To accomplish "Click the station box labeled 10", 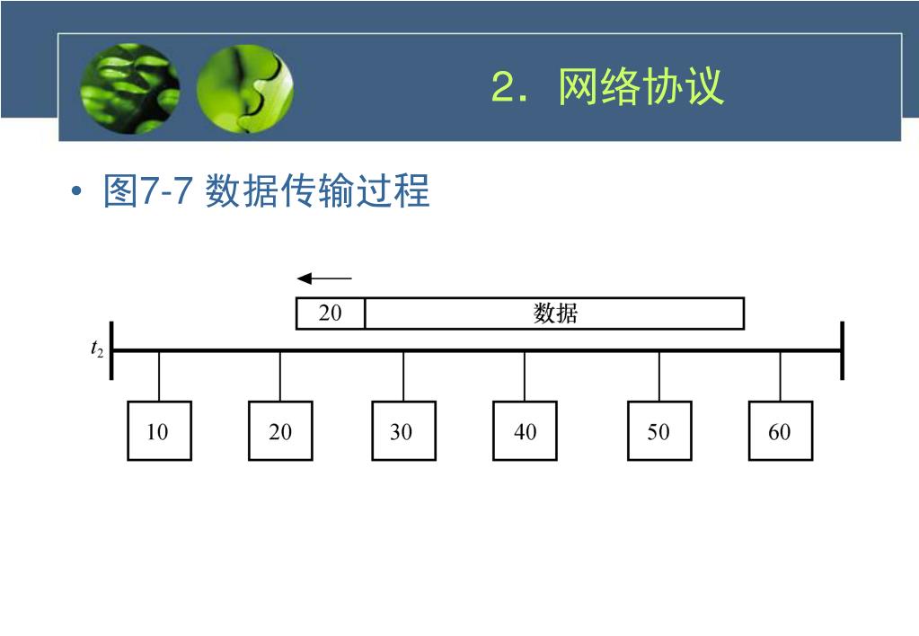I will tap(159, 431).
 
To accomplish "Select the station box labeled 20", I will tap(280, 431).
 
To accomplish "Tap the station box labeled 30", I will tap(403, 431).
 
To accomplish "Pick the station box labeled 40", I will tap(525, 431).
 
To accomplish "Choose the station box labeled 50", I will tap(659, 431).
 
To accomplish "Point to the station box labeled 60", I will tap(780, 431).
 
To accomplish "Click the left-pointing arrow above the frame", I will tap(324, 278).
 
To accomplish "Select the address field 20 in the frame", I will tap(331, 314).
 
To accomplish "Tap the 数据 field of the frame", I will tap(554, 314).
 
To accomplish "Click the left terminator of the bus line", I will tap(111, 350).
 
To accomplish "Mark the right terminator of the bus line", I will tap(842, 350).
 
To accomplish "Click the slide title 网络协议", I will tap(640, 88).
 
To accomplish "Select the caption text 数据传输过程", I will tap(318, 190).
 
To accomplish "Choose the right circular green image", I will tap(244, 89).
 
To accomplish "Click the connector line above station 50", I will tap(659, 376).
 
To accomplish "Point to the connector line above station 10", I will tap(159, 376).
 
